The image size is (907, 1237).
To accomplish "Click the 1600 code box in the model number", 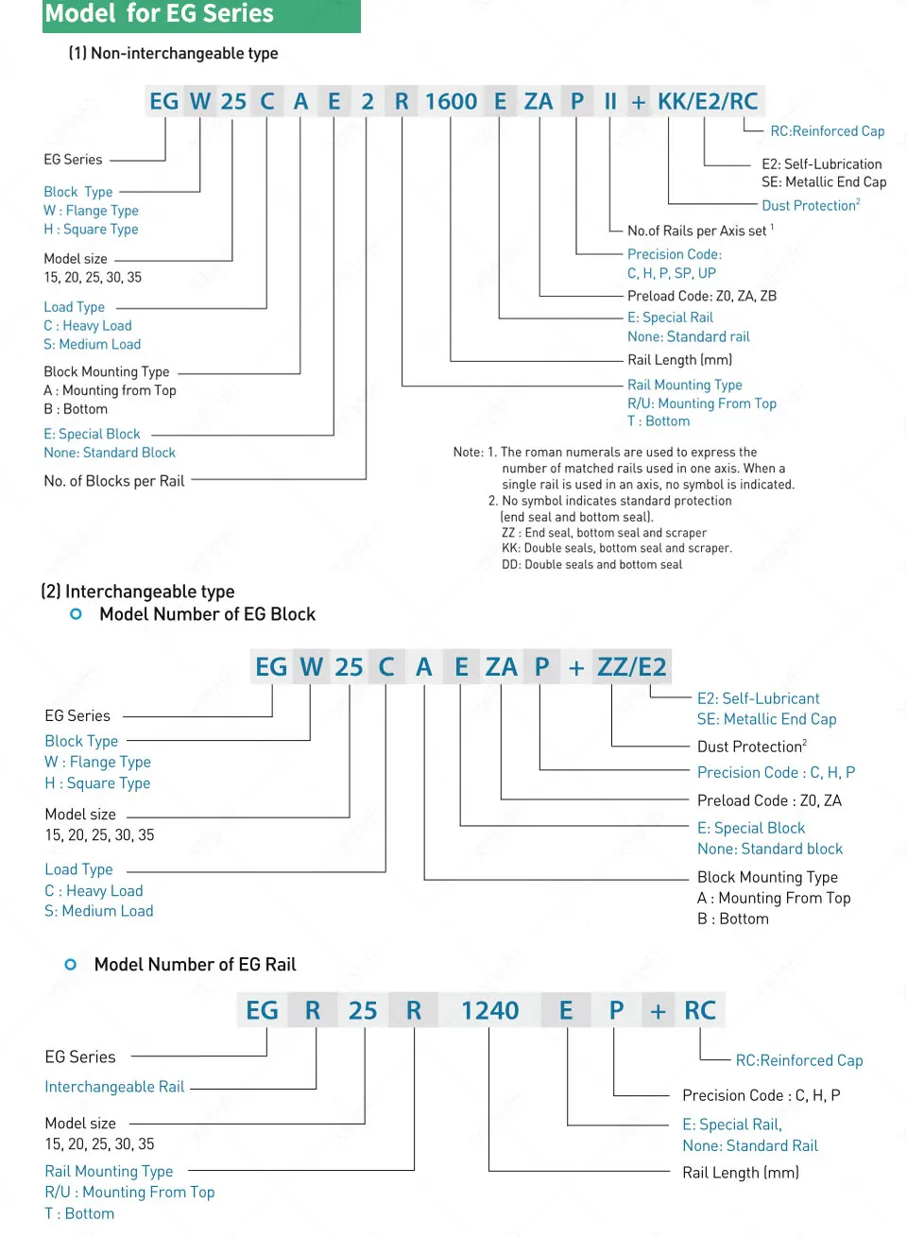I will point(451,101).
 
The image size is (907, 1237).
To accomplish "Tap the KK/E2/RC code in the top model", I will point(708,101).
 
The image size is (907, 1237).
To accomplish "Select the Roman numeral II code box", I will point(610,101).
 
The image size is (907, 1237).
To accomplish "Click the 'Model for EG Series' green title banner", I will point(201,15).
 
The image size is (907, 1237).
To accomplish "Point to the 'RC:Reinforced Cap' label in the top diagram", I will point(827,131).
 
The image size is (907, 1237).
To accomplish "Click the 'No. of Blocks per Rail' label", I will point(113,481).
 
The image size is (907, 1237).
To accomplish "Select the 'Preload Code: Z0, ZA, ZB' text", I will point(701,296).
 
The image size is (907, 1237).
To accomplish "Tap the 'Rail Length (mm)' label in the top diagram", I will point(679,360).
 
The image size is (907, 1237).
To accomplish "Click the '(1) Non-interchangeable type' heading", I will point(173,54).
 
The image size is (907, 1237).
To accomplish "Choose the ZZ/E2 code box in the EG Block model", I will point(631,667).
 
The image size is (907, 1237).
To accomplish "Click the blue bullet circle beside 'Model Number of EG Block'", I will point(77,614).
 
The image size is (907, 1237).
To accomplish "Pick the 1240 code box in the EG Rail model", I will point(489,1011).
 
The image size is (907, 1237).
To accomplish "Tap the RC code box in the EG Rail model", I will point(700,1011).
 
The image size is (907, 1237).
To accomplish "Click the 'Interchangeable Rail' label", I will point(114,1087).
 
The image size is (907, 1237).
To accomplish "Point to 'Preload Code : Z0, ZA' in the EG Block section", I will point(769,800).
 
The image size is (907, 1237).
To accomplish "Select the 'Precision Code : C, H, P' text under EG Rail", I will point(761,1095).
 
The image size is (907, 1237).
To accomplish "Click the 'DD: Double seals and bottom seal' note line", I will point(591,565).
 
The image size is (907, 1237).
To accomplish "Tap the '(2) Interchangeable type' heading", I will point(138,592).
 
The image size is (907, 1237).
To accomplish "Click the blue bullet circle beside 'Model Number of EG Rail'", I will point(71,965).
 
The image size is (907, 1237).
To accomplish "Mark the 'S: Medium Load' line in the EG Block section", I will point(99,911).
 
